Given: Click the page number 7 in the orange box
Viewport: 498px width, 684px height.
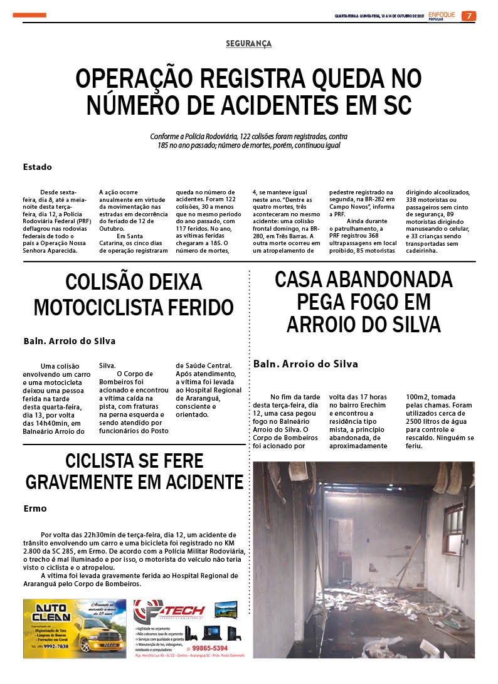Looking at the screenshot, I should [x=469, y=16].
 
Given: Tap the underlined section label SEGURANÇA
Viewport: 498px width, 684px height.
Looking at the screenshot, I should [x=249, y=43].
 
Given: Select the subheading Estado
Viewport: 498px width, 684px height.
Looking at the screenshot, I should [x=37, y=167].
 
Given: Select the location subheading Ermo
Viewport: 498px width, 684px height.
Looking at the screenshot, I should [x=35, y=508].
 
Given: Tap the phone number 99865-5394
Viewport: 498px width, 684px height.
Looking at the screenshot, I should [x=210, y=648].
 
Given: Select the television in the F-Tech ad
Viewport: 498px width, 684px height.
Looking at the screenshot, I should [x=226, y=609].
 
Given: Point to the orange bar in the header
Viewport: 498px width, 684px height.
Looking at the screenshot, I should [x=29, y=15].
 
